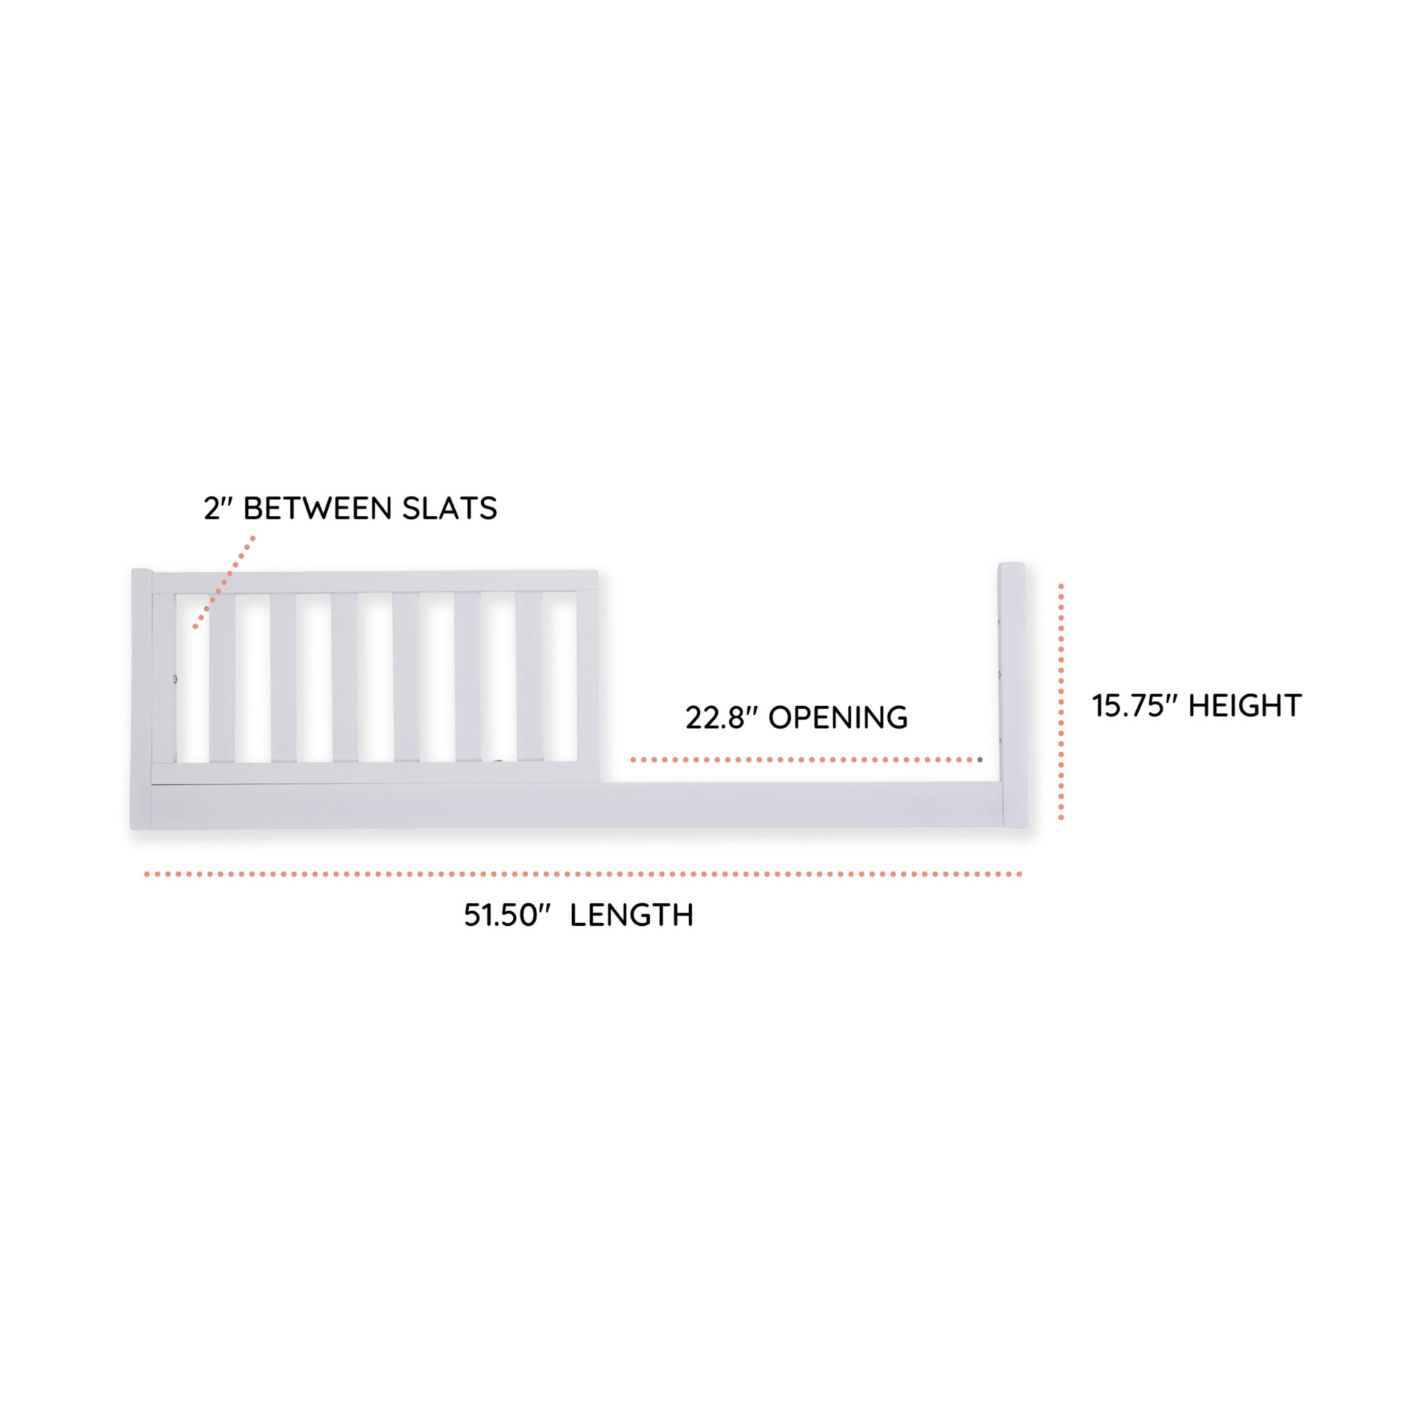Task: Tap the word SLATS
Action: [x=449, y=508]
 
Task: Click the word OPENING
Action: [x=838, y=718]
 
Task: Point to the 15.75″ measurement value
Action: [x=1133, y=706]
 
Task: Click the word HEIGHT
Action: [x=1245, y=706]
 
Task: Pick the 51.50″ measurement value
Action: [x=508, y=916]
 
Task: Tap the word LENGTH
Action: [x=631, y=916]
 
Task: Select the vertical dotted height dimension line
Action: [x=1061, y=702]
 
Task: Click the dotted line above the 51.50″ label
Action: [x=583, y=874]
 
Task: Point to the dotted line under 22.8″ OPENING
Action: [x=803, y=759]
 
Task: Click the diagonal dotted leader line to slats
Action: [x=224, y=582]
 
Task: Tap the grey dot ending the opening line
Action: [x=980, y=759]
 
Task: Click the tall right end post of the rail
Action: [x=1012, y=695]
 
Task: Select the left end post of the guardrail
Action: [x=141, y=699]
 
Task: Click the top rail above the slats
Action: [x=375, y=581]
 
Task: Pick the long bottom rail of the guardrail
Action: [x=577, y=806]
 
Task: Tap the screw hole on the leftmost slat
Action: [x=175, y=678]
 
